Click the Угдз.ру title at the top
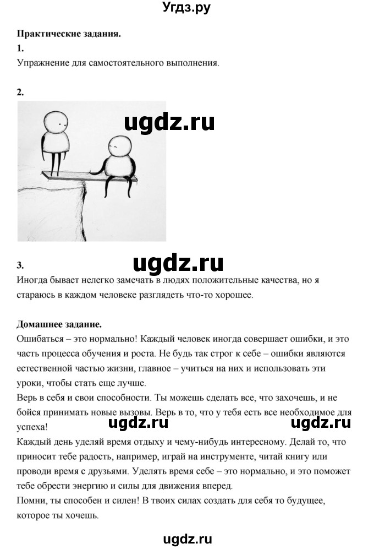pos(186,8)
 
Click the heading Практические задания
pos(69,34)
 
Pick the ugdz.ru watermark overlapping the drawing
pos(169,122)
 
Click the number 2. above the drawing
pos(21,92)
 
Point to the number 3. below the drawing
pos(21,265)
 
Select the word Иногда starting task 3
pos(31,280)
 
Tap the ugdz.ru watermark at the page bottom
pos(186,540)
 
